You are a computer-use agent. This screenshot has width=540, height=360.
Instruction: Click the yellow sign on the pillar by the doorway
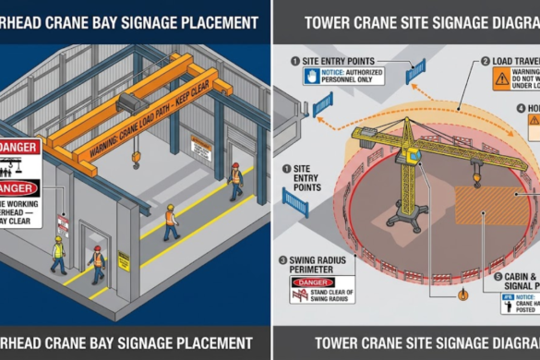(123, 260)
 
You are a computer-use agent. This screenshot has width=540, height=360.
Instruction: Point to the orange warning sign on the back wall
(200, 147)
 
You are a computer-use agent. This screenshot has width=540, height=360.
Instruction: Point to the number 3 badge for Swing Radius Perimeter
(282, 260)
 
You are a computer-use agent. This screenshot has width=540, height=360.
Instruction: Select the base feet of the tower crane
(405, 222)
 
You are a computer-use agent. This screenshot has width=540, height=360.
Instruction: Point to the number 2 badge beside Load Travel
(484, 62)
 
